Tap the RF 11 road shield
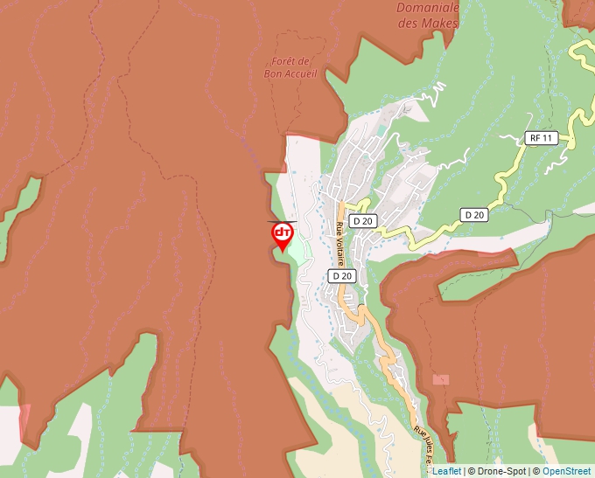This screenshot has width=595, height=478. tap(542, 138)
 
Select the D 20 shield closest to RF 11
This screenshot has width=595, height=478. tap(474, 214)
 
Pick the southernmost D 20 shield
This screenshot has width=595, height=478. tap(341, 275)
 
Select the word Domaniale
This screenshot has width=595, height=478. tap(428, 8)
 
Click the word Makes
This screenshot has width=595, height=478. tap(440, 24)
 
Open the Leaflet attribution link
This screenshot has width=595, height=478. tap(446, 471)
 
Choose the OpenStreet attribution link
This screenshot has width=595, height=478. tap(567, 471)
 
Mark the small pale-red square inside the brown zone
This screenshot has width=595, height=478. tap(441, 379)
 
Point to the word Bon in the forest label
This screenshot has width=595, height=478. tap(272, 73)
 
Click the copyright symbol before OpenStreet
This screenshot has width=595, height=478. tap(536, 471)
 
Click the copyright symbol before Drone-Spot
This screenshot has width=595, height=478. tap(471, 471)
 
